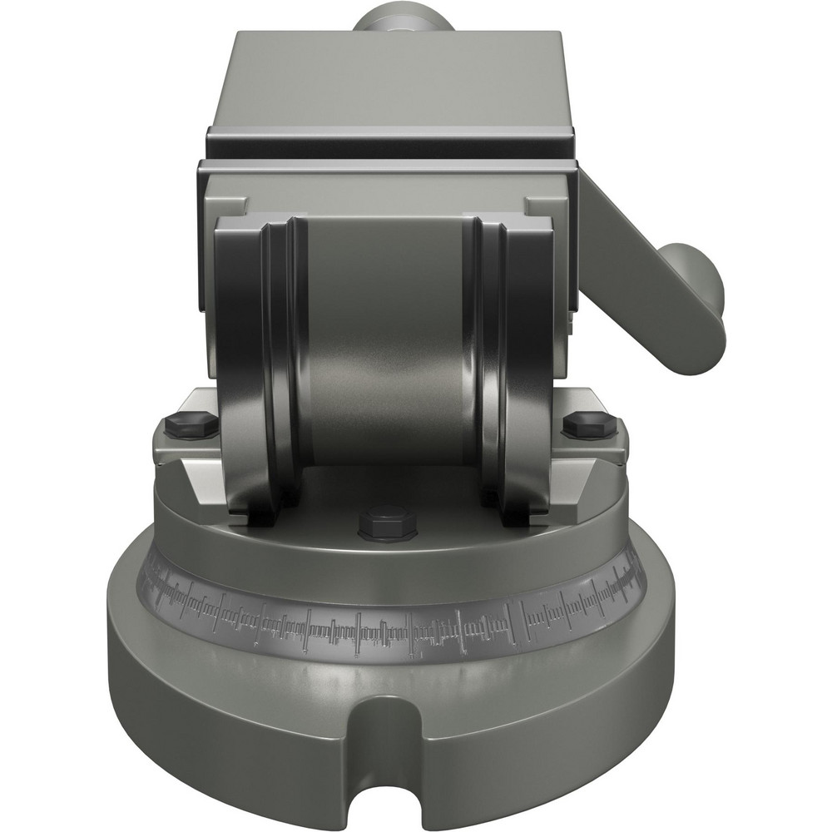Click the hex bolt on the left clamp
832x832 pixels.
click(191, 424)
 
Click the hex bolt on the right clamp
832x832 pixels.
click(589, 424)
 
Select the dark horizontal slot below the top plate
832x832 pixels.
click(391, 150)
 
